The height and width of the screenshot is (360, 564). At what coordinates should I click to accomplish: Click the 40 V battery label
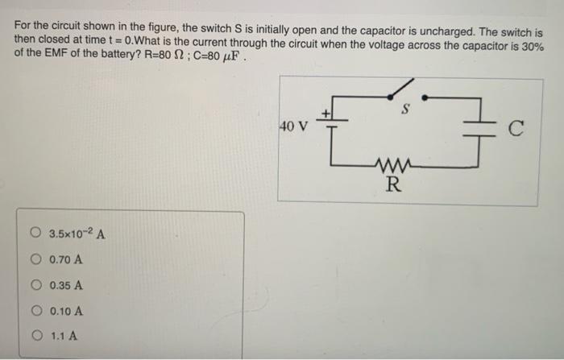[x=293, y=126]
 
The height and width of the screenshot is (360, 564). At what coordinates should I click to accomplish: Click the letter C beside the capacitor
[x=516, y=126]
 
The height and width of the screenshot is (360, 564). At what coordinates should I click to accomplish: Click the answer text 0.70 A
[x=65, y=260]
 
